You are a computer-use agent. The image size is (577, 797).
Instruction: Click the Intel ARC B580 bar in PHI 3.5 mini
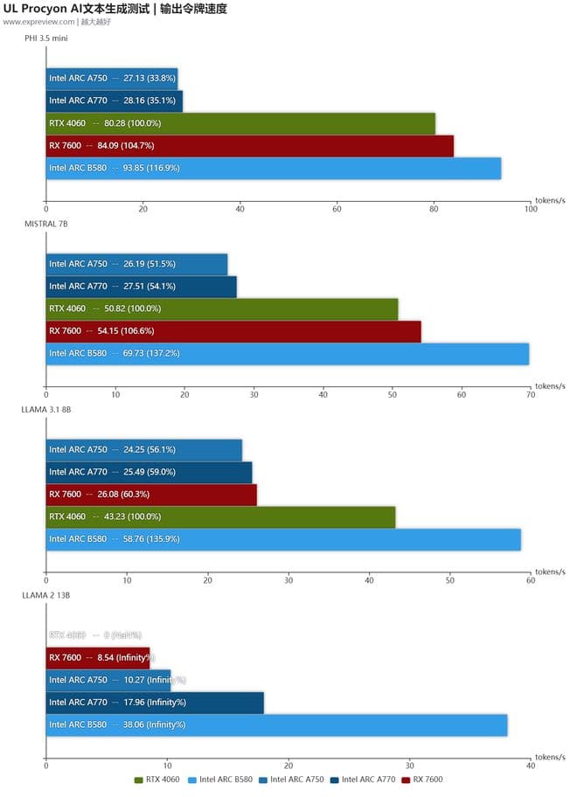tap(273, 168)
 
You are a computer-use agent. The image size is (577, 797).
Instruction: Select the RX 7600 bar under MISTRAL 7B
tap(233, 331)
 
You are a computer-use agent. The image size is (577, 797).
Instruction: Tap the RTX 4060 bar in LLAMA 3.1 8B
tap(220, 516)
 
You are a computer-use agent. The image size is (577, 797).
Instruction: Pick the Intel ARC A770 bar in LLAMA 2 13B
tap(154, 702)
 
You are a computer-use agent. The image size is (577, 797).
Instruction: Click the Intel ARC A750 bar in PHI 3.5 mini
tap(112, 77)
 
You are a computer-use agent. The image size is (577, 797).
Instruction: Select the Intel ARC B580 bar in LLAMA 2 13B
tap(276, 724)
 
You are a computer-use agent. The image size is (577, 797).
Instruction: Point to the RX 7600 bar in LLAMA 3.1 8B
tap(151, 494)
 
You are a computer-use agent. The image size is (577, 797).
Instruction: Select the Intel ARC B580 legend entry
tap(225, 779)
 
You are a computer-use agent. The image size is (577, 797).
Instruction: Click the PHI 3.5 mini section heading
tap(47, 38)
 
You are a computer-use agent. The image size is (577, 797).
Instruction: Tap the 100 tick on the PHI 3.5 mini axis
tap(530, 209)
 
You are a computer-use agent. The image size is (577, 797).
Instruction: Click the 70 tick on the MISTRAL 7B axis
tap(530, 394)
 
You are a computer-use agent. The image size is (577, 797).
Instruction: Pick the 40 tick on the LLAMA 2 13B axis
tap(530, 765)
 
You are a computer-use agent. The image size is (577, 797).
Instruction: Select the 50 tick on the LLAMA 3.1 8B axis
tap(450, 579)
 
